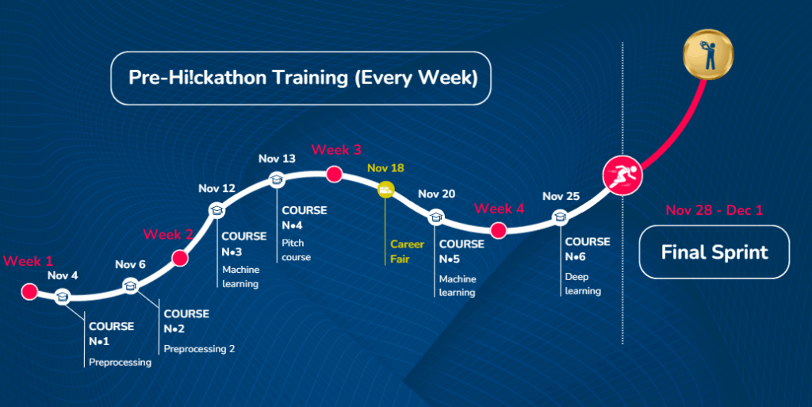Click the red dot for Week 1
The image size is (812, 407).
tap(29, 291)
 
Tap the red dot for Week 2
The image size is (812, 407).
tap(180, 258)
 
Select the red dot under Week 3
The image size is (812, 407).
tap(334, 174)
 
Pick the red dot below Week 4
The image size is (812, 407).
tap(498, 230)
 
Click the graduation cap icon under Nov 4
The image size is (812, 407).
tap(63, 297)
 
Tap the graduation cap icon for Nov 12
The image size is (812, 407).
tap(216, 210)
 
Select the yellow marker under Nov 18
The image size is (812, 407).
tap(385, 190)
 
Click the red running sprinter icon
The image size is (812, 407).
tap(622, 175)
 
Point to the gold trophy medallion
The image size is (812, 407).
tap(708, 55)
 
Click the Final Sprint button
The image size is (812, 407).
tap(714, 252)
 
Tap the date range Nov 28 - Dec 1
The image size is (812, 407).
tap(714, 209)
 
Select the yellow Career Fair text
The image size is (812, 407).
tap(407, 251)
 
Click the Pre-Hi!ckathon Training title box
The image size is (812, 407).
tap(301, 79)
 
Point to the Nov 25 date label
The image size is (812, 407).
tap(561, 196)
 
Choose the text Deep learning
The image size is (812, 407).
tap(583, 284)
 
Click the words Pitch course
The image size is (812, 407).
tap(297, 250)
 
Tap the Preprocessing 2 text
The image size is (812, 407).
tap(199, 349)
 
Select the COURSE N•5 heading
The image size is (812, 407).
tap(462, 251)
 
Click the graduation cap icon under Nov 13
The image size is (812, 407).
tap(277, 180)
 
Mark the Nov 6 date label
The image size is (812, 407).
tap(131, 265)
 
